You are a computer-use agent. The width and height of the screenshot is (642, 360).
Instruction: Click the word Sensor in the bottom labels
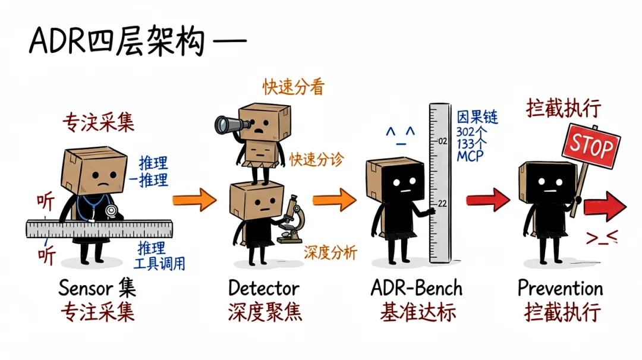pyautogui.click(x=85, y=288)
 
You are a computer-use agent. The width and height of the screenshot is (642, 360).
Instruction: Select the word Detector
pyautogui.click(x=264, y=288)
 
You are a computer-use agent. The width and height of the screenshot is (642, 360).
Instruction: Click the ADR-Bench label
pyautogui.click(x=416, y=288)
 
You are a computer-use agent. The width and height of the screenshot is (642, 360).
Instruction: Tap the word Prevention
pyautogui.click(x=560, y=288)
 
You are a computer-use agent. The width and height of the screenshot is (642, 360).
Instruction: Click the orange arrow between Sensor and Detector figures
pyautogui.click(x=194, y=200)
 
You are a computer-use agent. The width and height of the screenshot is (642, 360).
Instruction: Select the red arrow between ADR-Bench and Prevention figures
pyautogui.click(x=488, y=200)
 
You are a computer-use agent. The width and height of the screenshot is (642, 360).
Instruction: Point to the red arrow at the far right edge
pyautogui.click(x=605, y=206)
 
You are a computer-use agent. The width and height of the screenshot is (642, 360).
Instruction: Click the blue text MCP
pyautogui.click(x=470, y=156)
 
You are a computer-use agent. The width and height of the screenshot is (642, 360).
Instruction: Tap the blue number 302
pyautogui.click(x=466, y=132)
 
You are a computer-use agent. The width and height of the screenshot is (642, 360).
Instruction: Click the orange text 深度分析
pyautogui.click(x=331, y=252)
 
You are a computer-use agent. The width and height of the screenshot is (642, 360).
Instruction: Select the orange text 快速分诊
pyautogui.click(x=316, y=159)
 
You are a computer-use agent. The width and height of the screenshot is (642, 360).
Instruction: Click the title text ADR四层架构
pyautogui.click(x=117, y=42)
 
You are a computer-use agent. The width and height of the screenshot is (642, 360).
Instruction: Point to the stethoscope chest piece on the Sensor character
pyautogui.click(x=111, y=211)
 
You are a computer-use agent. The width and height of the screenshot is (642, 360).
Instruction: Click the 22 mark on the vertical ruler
pyautogui.click(x=442, y=203)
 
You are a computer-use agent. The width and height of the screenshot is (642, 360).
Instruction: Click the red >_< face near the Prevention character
pyautogui.click(x=602, y=237)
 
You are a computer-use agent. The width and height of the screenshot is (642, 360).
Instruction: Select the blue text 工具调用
pyautogui.click(x=159, y=263)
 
